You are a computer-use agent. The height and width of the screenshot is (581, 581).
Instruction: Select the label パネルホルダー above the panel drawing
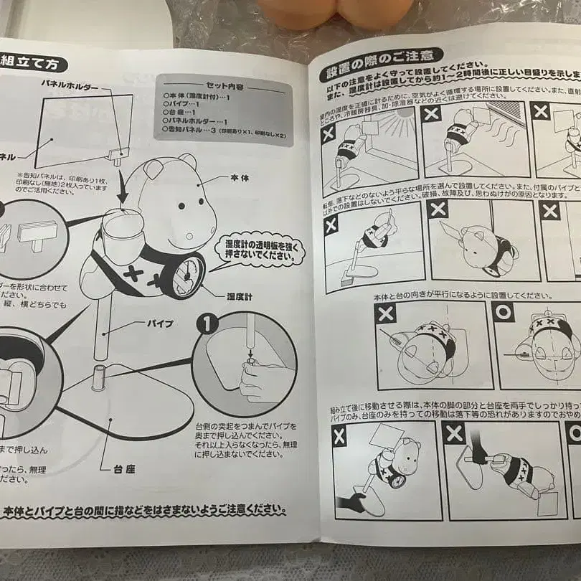69,85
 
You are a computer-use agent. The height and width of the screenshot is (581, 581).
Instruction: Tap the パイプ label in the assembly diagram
159,323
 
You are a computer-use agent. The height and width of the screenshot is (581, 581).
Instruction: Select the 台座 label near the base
123,470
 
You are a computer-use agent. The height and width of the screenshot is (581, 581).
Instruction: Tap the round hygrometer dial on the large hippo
189,274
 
